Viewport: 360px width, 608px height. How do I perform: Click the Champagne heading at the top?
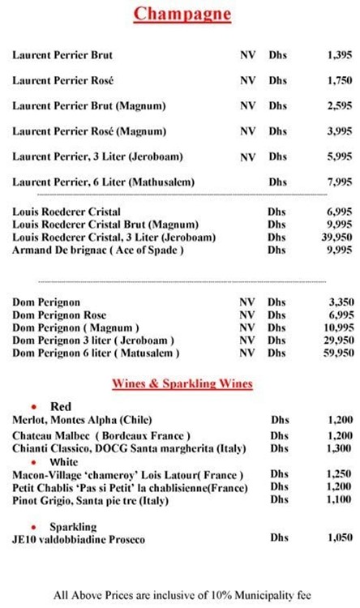(x=182, y=14)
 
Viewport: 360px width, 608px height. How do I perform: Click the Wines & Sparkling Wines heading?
(x=182, y=383)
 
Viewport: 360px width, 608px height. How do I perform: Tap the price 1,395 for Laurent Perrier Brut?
(x=340, y=55)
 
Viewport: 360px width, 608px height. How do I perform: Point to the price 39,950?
(x=337, y=237)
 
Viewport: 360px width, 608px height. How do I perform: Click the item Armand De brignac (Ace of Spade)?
(x=98, y=250)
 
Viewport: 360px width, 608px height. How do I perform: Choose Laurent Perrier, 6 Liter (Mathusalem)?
(x=104, y=182)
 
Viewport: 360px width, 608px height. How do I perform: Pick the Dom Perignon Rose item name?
(x=59, y=315)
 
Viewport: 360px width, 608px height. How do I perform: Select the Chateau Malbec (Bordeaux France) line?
(x=101, y=435)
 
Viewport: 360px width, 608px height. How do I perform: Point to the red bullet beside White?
(x=33, y=461)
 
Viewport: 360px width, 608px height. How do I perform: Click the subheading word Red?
(x=61, y=406)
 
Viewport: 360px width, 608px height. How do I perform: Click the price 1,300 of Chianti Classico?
(x=340, y=448)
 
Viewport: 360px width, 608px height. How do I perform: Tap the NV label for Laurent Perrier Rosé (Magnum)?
(x=247, y=131)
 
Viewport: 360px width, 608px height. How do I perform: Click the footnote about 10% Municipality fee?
(x=182, y=594)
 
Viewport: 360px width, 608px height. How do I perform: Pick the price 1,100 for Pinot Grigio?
(x=340, y=500)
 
